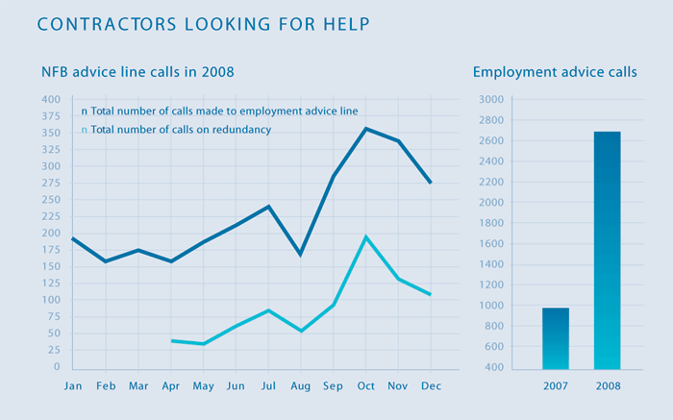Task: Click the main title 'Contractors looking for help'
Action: (x=203, y=23)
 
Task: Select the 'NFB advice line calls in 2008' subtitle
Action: (x=137, y=72)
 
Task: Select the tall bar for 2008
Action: (x=607, y=250)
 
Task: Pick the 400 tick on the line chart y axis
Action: (x=51, y=100)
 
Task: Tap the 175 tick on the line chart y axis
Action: (x=51, y=250)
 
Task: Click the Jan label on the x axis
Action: (x=73, y=386)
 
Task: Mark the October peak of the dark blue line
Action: (x=365, y=129)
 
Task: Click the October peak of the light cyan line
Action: (x=365, y=236)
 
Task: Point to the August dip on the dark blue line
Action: (x=301, y=255)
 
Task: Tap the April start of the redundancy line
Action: (x=172, y=340)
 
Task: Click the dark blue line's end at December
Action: (x=430, y=183)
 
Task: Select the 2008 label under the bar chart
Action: (x=607, y=386)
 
